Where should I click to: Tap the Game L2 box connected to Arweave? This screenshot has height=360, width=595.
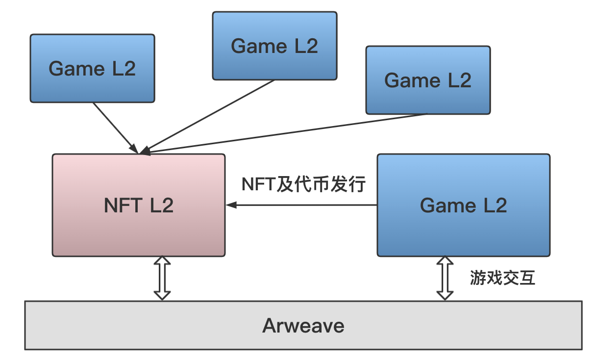[x=463, y=231]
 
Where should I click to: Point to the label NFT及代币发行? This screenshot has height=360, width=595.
[x=304, y=184]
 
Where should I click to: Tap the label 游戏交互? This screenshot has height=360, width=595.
[x=502, y=278]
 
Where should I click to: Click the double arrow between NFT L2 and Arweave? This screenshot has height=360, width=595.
[x=162, y=278]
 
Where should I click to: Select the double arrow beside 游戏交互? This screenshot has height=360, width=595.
[x=445, y=278]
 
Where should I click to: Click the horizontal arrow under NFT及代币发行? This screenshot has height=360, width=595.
[x=304, y=206]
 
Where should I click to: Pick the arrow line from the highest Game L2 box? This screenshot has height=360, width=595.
[x=211, y=116]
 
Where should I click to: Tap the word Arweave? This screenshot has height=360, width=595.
[x=303, y=325]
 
